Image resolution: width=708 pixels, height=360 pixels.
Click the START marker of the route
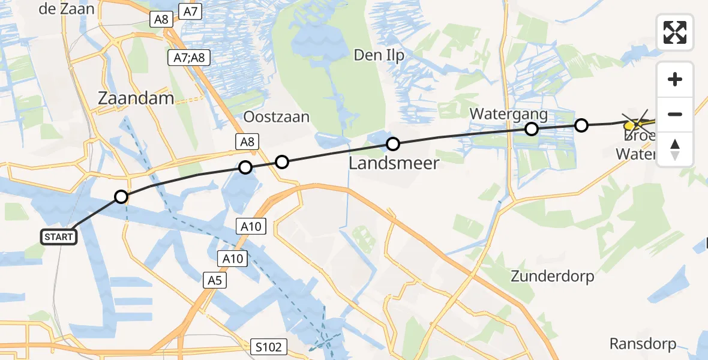point(59,237)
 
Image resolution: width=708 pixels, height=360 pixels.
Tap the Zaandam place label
point(136,99)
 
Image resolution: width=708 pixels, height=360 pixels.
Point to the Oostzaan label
point(276,116)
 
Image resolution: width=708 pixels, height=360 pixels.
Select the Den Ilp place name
point(379,56)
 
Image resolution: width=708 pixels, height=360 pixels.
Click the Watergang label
point(500,113)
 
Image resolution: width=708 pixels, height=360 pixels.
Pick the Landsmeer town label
point(393,163)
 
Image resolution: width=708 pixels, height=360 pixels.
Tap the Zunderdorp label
point(552,276)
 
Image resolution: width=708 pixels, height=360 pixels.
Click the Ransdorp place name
point(643,344)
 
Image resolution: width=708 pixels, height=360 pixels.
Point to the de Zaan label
point(67,9)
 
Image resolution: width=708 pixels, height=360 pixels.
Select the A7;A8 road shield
point(188,58)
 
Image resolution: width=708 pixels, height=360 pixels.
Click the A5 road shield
point(215,280)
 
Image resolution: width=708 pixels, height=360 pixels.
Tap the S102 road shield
point(268,347)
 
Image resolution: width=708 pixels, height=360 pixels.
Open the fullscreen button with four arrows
point(675,32)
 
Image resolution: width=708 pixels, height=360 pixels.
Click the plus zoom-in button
point(675,79)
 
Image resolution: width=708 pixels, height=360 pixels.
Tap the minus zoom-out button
point(675,114)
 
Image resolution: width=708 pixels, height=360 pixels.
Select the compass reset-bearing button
point(675,149)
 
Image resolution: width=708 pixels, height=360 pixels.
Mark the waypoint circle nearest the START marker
point(121,197)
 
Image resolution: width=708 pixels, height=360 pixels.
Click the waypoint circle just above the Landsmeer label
point(392,144)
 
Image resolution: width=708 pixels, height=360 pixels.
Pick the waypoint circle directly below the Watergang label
point(531,128)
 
